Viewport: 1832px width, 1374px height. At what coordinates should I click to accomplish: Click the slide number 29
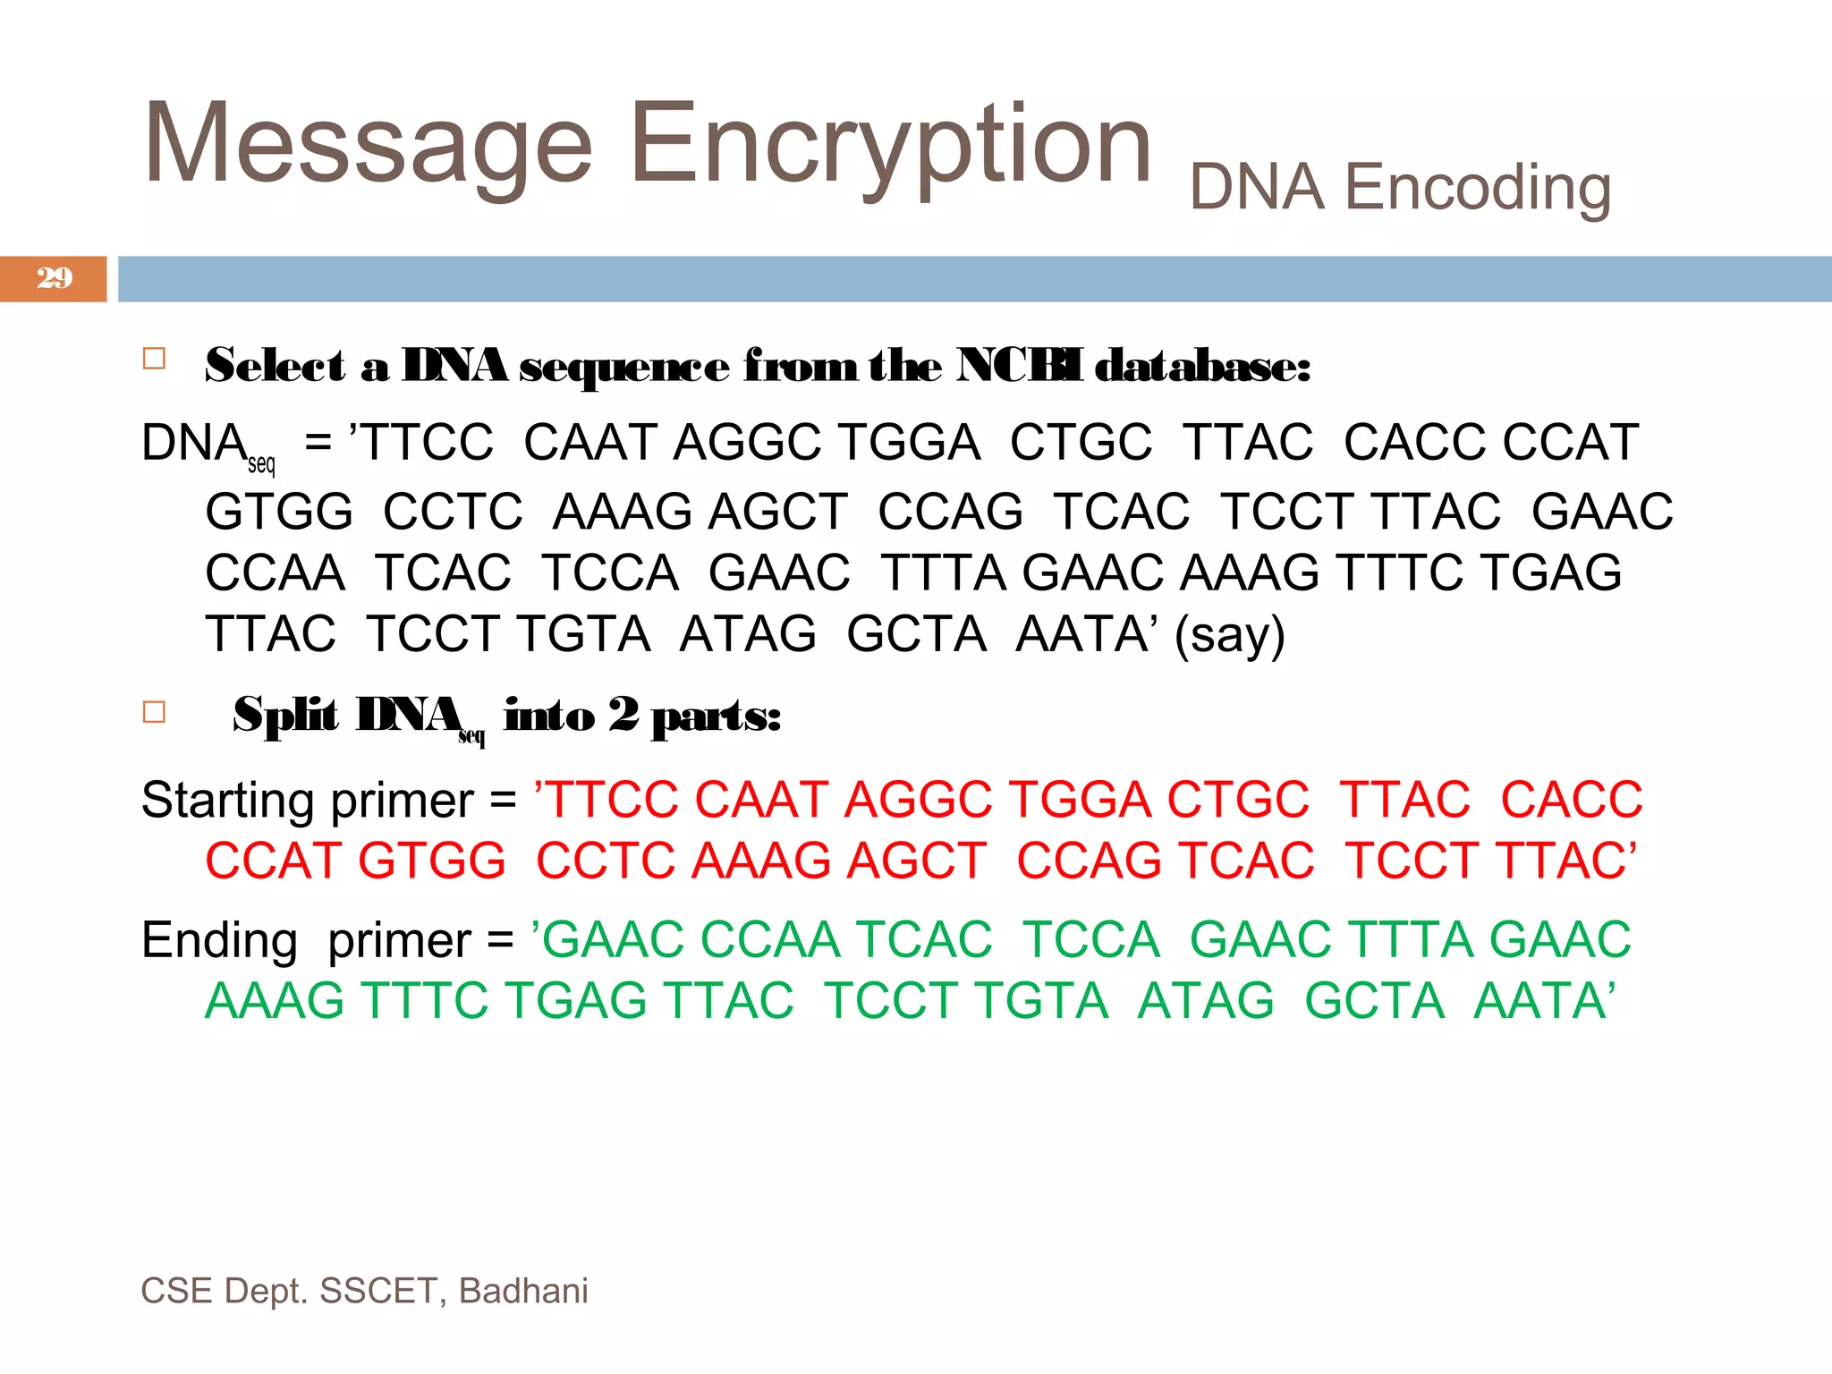tap(55, 278)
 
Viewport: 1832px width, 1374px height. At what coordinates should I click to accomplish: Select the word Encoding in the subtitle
tap(1477, 188)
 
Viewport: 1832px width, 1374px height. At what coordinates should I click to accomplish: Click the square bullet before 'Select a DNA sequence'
tap(154, 359)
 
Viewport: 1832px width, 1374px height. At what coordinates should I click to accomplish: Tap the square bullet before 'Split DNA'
tap(154, 712)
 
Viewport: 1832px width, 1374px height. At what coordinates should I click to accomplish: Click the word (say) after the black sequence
tap(1230, 635)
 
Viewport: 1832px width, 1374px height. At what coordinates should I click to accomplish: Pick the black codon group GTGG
tap(279, 512)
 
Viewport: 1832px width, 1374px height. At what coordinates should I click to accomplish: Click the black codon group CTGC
tap(1081, 443)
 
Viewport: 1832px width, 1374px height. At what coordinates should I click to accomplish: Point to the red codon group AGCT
tap(917, 861)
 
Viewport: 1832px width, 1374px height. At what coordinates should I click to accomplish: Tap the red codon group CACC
tap(1572, 800)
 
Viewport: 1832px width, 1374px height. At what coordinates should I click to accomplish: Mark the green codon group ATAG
tap(1206, 1000)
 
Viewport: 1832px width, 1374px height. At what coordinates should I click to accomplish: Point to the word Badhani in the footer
tap(523, 1291)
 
